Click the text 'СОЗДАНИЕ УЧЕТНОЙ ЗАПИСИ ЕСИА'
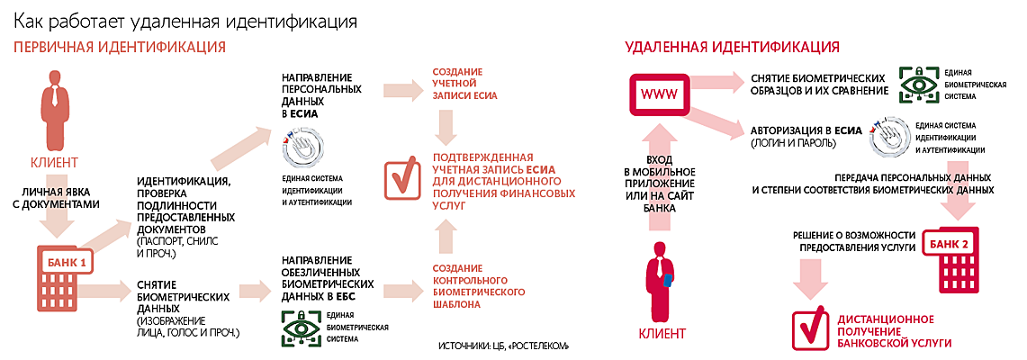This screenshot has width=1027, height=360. [464, 83]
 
